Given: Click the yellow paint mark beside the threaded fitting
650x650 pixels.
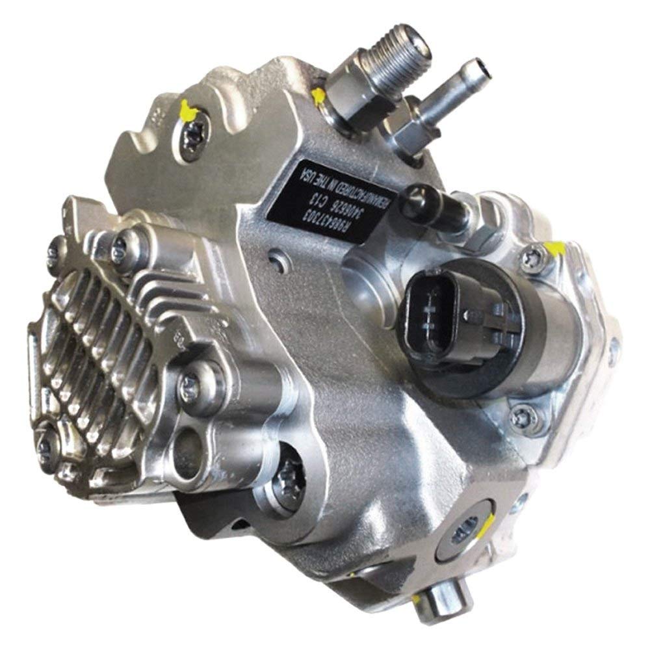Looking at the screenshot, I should point(318,96).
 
